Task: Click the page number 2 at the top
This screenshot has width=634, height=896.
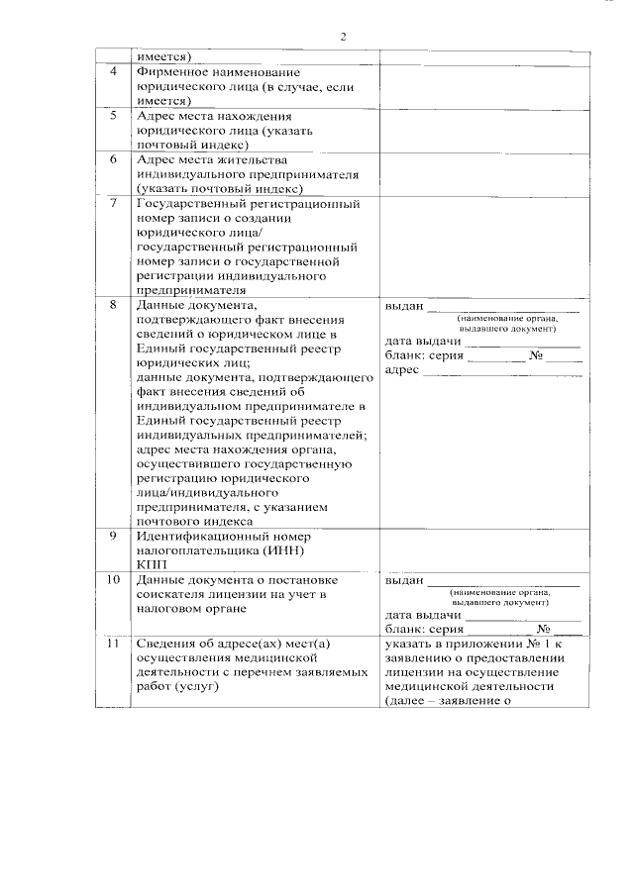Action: click(344, 37)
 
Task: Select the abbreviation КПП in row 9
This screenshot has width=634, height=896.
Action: click(151, 563)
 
